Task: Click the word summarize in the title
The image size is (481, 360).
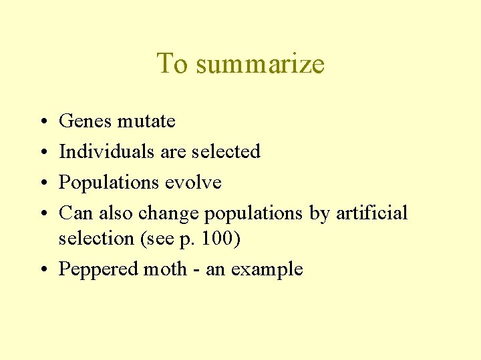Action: click(x=261, y=64)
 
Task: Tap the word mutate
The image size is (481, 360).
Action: click(x=146, y=121)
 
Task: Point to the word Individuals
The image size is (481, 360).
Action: click(x=107, y=152)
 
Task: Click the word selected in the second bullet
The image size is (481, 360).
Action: click(x=226, y=152)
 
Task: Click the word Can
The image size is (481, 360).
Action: click(x=76, y=213)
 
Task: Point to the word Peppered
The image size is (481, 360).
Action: click(x=96, y=269)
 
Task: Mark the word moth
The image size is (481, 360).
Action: click(x=163, y=269)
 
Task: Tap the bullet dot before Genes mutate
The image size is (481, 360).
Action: click(x=42, y=122)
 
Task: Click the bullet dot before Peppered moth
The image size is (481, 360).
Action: click(x=42, y=270)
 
